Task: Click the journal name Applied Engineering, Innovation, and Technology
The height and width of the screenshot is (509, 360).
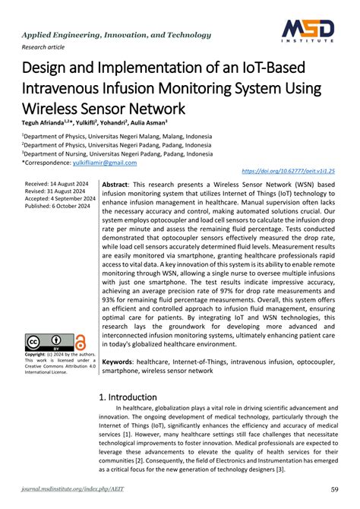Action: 117,35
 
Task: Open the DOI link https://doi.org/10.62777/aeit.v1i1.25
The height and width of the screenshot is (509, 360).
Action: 288,172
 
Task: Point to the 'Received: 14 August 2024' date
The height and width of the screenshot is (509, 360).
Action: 57,185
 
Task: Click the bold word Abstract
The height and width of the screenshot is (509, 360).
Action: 115,185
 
